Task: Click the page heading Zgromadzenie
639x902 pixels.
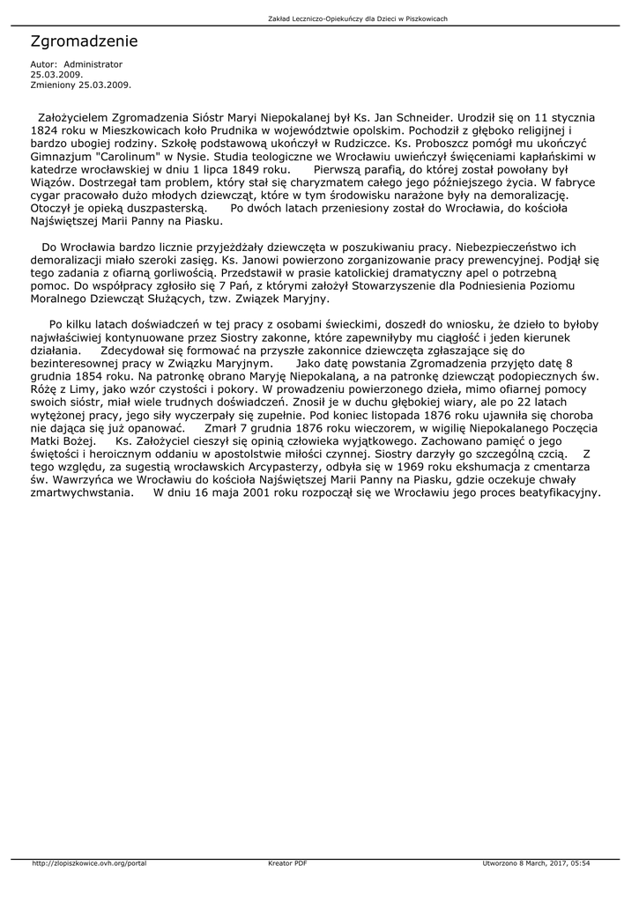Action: pyautogui.click(x=84, y=41)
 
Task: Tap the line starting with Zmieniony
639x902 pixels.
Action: pyautogui.click(x=80, y=85)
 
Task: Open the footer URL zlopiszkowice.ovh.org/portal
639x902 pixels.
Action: pyautogui.click(x=88, y=862)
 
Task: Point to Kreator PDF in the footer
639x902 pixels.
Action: pyautogui.click(x=287, y=862)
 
